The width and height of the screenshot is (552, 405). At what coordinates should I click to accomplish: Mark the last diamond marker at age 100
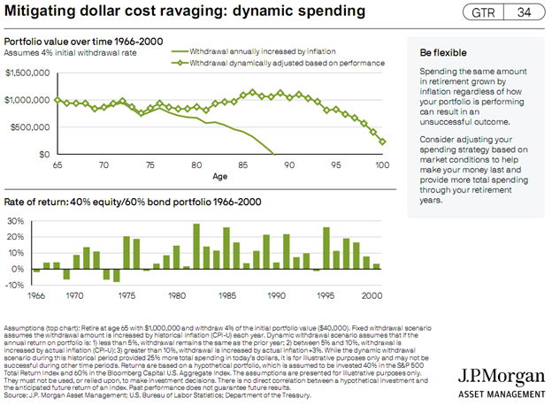382,141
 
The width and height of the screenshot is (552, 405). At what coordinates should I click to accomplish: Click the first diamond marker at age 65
57,100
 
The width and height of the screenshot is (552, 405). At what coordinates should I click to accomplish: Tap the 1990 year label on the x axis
276,295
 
